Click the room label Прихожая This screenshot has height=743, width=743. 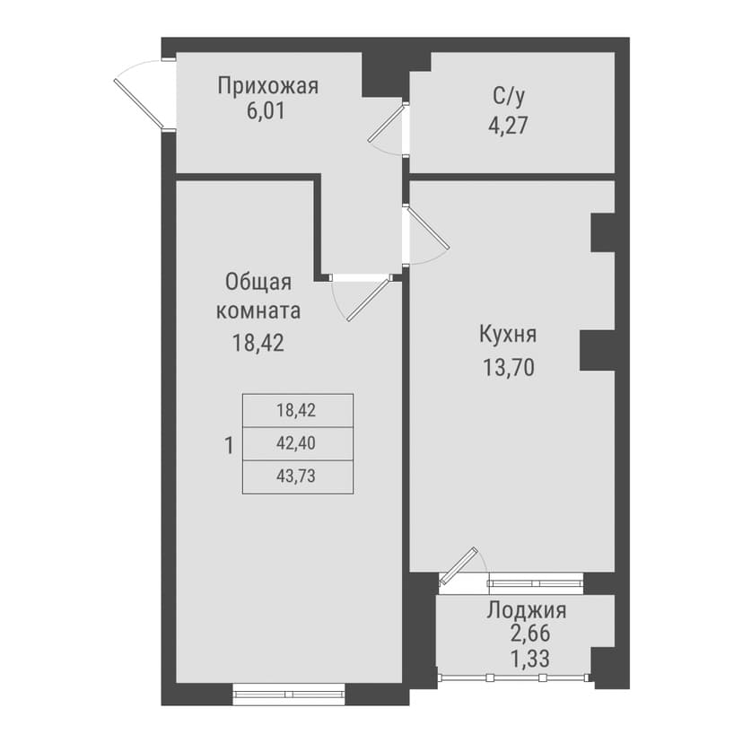point(268,87)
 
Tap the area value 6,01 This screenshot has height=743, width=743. point(266,111)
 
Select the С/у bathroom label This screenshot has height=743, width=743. point(509,96)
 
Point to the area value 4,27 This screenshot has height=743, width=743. point(508,126)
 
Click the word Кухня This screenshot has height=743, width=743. point(508,334)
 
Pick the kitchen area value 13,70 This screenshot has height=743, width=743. point(509,367)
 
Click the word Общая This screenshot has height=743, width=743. point(258,283)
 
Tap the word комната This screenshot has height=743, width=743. point(258,310)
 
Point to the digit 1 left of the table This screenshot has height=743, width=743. point(229,446)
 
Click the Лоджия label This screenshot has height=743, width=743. point(527,610)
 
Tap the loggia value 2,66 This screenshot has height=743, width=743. point(530,633)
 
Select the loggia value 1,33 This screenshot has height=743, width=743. point(530,658)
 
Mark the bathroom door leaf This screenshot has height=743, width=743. point(387,123)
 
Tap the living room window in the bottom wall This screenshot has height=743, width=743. point(289,694)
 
